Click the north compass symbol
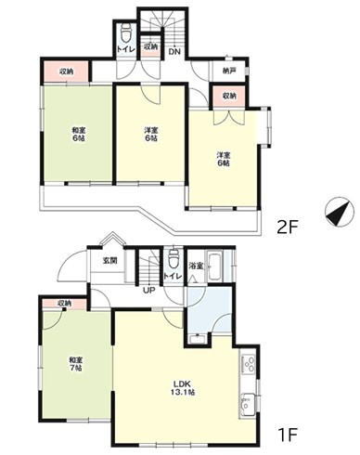pyautogui.click(x=340, y=212)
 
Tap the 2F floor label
pyautogui.click(x=288, y=228)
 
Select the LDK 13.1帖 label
pyautogui.click(x=184, y=388)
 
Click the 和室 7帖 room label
pyautogui.click(x=75, y=364)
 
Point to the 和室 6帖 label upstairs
pyautogui.click(x=78, y=134)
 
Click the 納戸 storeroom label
pyautogui.click(x=229, y=71)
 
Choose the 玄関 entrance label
pyautogui.click(x=110, y=261)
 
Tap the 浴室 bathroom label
pyautogui.click(x=196, y=266)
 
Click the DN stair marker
pyautogui.click(x=174, y=52)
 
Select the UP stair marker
pyautogui.click(x=148, y=291)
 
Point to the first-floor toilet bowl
pyautogui.click(x=173, y=258)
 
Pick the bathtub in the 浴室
pyautogui.click(x=215, y=266)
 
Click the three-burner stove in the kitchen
pyautogui.click(x=249, y=364)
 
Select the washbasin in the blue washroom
pyautogui.click(x=198, y=339)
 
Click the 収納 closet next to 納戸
pyautogui.click(x=229, y=97)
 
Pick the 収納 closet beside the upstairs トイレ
pyautogui.click(x=151, y=47)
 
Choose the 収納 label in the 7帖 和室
pyautogui.click(x=64, y=304)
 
